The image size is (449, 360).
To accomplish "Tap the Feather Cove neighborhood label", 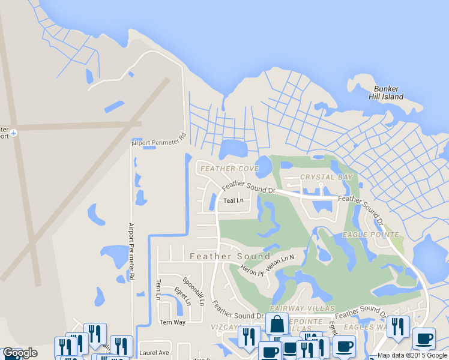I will click(229, 169).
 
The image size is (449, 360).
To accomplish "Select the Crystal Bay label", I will click(326, 177).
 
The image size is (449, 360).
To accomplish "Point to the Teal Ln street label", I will click(234, 200).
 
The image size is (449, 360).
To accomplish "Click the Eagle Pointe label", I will click(371, 234).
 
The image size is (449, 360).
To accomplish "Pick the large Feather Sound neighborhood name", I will click(230, 256).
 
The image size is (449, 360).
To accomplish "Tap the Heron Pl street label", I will click(252, 271).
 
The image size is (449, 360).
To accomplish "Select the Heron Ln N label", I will click(281, 263).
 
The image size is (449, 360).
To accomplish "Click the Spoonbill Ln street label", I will click(194, 292).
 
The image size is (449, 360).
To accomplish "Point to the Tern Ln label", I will click(158, 289).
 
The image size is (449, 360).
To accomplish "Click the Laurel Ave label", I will click(155, 353).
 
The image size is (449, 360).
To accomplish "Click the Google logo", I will click(20, 353).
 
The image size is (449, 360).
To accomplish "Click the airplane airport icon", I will click(14, 132).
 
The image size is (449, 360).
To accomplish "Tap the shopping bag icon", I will click(277, 324).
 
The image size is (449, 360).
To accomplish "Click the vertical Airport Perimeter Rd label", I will click(131, 252).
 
